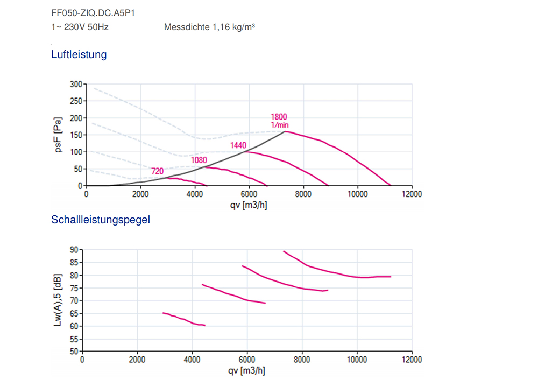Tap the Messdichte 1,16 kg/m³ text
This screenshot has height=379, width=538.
pos(209,26)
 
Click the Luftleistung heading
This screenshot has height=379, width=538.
pos(79,54)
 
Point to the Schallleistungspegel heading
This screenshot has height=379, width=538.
pos(101,220)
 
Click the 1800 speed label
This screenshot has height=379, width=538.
pos(279,117)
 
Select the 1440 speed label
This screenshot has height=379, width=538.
pos(238,145)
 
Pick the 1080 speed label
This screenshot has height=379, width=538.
pos(199,160)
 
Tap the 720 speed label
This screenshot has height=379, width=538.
pos(157,171)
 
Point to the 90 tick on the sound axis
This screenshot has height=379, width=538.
pos(74,250)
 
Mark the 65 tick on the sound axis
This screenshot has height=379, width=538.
pos(74,313)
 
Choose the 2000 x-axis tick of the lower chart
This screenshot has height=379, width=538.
pos(137,360)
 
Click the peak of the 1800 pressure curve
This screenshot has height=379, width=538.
pos(285,131)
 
